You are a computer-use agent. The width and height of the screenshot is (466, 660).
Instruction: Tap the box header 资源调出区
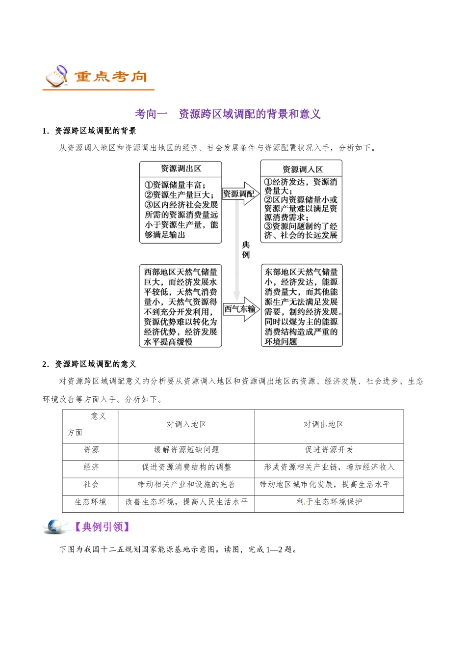coord(181,168)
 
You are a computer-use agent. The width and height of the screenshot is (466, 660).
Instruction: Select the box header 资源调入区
coord(302,169)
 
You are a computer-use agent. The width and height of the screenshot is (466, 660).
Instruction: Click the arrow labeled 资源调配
coord(240,194)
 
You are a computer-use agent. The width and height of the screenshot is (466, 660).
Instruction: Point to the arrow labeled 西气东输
coord(240,309)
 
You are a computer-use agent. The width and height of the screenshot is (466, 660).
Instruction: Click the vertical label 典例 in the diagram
coord(246,249)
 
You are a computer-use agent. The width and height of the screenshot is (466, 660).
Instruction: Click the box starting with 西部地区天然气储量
coord(181,306)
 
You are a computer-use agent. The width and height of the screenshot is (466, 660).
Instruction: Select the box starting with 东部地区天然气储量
coord(301,306)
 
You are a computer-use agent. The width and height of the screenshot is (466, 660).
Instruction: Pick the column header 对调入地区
coord(186,424)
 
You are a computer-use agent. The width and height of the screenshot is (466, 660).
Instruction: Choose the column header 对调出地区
coord(323,424)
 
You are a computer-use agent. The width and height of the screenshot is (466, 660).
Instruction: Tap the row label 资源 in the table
coord(91,450)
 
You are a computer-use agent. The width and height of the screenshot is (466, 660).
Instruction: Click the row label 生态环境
coord(90,502)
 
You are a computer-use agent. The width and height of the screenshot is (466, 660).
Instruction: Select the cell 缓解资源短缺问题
coord(186,450)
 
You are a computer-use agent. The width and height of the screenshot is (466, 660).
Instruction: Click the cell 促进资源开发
coord(329,450)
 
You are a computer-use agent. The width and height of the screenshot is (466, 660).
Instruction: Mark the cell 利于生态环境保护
coord(329,502)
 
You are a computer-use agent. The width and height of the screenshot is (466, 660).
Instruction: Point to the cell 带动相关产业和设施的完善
coord(186,485)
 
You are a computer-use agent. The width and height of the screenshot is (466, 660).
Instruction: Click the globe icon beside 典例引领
coord(56,526)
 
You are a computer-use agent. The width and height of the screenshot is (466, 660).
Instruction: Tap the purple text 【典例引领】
coord(102,527)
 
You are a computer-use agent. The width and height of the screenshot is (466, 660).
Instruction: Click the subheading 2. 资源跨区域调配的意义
coord(89,364)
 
